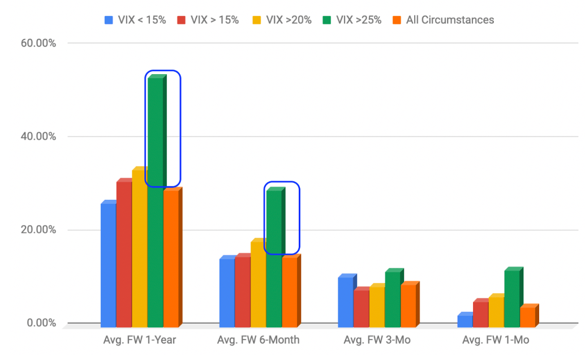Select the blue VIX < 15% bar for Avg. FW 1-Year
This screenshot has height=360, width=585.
(x=109, y=264)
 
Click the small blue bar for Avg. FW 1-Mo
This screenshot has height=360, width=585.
(x=465, y=320)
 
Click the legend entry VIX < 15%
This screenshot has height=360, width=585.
(x=135, y=20)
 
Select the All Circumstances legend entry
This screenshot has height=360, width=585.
(x=443, y=20)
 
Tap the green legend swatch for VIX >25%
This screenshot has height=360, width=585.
(x=327, y=20)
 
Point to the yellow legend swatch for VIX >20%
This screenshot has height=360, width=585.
(x=257, y=20)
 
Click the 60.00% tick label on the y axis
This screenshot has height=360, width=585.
(x=38, y=44)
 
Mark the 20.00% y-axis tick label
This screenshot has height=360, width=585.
(x=38, y=230)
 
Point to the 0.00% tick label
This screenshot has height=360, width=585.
(x=41, y=323)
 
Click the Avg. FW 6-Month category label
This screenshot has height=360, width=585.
(x=258, y=340)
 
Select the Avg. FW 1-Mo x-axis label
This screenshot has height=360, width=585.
(x=496, y=340)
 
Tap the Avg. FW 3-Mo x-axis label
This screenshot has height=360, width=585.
(x=377, y=340)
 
